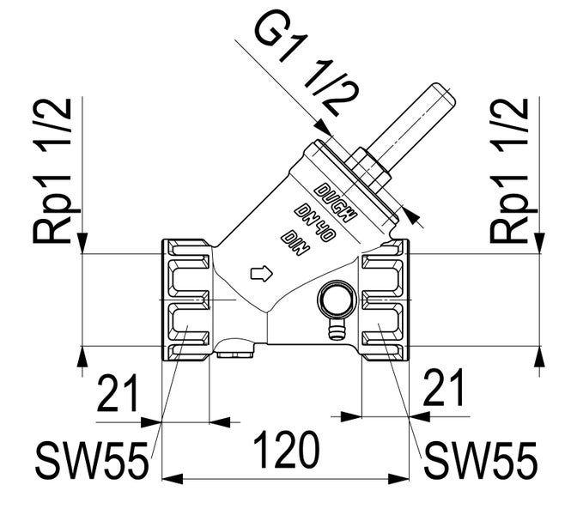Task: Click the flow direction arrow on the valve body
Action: (x=260, y=274)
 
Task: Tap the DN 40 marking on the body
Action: (x=313, y=221)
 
